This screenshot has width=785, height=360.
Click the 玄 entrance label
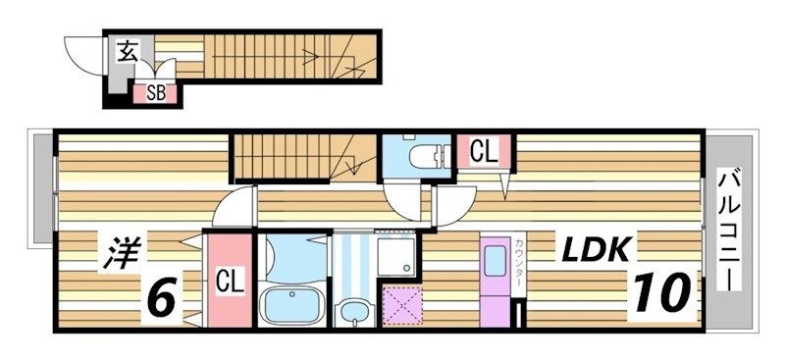coord(128,52)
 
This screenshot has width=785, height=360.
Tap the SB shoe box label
coord(156,93)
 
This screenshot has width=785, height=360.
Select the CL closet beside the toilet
coord(484,151)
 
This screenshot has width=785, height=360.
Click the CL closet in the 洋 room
coord(231,281)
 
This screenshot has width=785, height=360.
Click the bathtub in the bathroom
coord(292,305)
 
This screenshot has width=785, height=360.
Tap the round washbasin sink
coord(354,310)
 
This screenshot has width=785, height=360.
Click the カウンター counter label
coord(518,261)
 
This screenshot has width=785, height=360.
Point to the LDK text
coord(596,250)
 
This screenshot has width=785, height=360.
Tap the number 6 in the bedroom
coord(163,297)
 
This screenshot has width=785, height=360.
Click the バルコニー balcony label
coord(728,231)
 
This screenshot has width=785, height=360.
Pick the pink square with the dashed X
coord(402,305)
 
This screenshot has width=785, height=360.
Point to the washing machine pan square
coord(395,256)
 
